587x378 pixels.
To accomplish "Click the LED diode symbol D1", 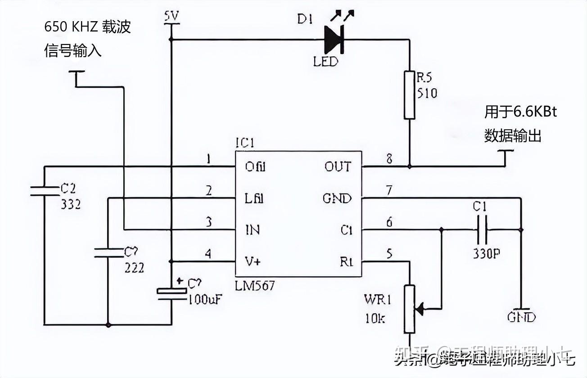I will tap(334, 40).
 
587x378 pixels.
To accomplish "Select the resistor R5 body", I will tap(409, 94).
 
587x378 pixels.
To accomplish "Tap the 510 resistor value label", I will tap(426, 93).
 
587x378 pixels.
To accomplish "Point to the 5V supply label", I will tap(171, 17).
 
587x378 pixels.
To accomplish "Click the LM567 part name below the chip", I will tap(255, 285).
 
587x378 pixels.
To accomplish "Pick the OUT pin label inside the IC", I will tap(338, 166).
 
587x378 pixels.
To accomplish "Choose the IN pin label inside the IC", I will tap(252, 230).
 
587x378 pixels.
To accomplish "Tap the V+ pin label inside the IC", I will tap(253, 261).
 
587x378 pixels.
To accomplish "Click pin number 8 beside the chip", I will tap(389, 158).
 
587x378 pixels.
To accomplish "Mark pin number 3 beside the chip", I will tap(208, 222).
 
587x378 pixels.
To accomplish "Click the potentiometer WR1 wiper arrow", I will tap(420, 309).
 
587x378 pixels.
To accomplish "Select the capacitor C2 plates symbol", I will tap(44, 190).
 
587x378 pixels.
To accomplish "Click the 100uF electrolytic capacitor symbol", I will tap(171, 292).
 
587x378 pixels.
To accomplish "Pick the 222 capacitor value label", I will tap(135, 268).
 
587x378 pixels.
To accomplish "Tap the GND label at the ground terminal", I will tap(521, 317).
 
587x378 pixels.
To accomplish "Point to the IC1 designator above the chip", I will tap(245, 143).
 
